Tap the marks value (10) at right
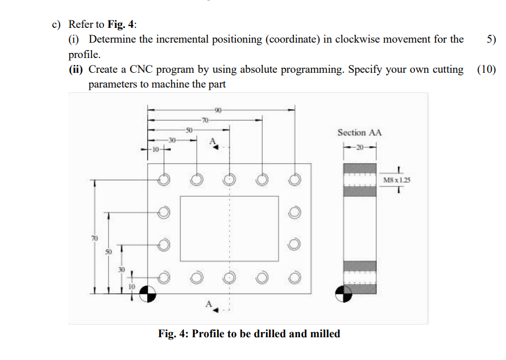click(486, 69)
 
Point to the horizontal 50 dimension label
click(189, 130)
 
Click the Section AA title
click(359, 133)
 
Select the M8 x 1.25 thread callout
click(397, 180)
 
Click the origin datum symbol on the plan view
click(148, 293)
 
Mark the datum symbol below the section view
click(343, 293)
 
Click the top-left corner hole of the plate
click(164, 180)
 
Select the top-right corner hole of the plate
click(294, 180)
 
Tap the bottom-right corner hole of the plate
click(294, 277)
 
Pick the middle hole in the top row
click(229, 180)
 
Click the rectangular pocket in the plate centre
click(229, 228)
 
